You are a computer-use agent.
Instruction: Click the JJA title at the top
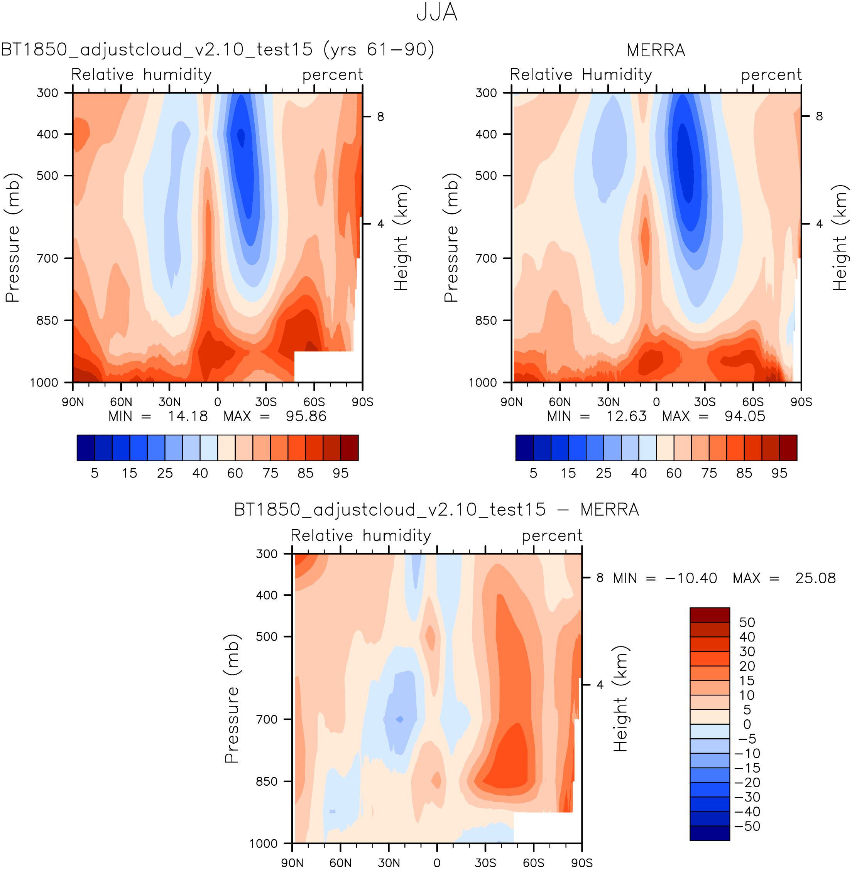[436, 12]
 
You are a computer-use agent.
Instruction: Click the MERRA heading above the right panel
[656, 50]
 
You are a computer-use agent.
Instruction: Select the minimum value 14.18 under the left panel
[188, 417]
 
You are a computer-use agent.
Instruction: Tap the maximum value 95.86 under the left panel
[306, 417]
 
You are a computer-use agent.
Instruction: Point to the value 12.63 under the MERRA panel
[626, 417]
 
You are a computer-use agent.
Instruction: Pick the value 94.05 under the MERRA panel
[745, 417]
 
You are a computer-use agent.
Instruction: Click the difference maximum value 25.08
[815, 578]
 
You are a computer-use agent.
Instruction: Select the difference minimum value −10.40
[691, 578]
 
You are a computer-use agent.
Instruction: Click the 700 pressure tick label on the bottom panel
[267, 719]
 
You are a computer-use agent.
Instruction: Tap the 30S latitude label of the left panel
[266, 402]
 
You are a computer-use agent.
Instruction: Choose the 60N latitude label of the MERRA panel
[560, 402]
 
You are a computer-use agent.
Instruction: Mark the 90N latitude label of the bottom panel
[292, 863]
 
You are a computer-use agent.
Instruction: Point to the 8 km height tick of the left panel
[380, 117]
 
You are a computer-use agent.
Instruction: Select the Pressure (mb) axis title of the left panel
[12, 238]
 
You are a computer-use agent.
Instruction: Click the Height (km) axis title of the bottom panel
[620, 699]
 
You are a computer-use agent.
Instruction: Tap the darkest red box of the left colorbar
[349, 448]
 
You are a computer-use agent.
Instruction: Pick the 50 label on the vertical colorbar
[747, 623]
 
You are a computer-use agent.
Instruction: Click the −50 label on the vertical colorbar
[747, 827]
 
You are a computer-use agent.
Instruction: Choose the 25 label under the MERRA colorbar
[603, 473]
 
